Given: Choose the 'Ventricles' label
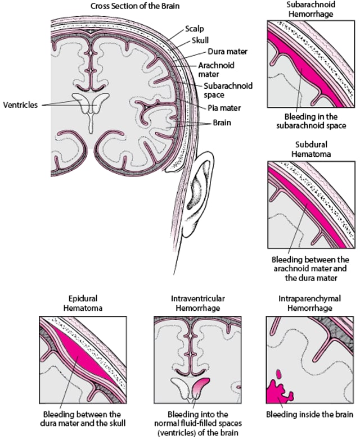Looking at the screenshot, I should [21, 105].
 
